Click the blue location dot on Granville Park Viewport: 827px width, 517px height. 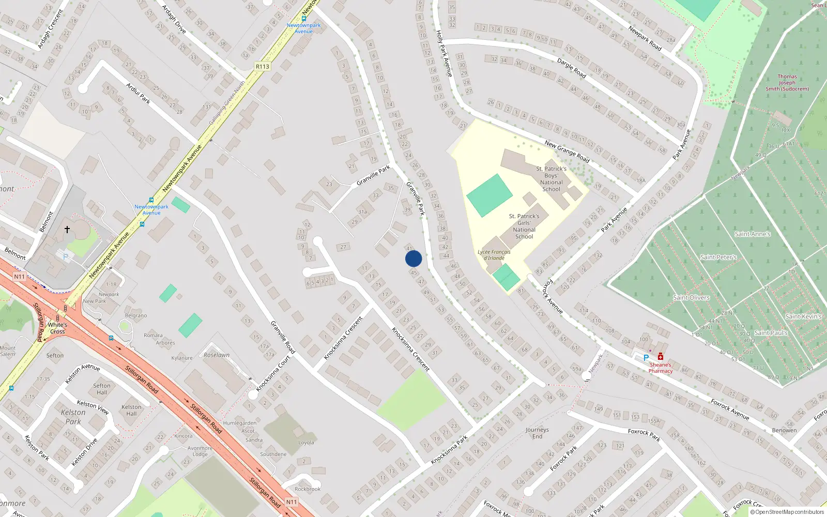point(413,258)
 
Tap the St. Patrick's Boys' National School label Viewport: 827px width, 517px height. point(552,179)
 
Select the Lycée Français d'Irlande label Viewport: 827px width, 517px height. point(494,255)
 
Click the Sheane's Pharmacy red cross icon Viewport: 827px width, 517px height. point(661,356)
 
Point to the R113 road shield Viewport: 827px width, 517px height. point(263,67)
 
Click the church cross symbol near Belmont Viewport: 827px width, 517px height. point(67,229)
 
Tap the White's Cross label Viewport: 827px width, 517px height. point(57,328)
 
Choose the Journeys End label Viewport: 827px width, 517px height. point(538,433)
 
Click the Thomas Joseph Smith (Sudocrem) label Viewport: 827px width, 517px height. point(787,83)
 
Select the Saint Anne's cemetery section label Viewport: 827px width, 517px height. point(753,234)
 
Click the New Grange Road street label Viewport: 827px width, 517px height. point(567,151)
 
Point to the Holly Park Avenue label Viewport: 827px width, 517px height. point(444,53)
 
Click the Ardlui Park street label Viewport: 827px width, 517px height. point(139,93)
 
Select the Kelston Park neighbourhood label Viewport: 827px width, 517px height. point(73,417)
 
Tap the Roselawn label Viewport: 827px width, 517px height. point(217,355)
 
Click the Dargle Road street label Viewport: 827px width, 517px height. point(572,68)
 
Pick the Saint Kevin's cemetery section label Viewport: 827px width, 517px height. point(803,316)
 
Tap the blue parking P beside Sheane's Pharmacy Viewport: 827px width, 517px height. point(646,358)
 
